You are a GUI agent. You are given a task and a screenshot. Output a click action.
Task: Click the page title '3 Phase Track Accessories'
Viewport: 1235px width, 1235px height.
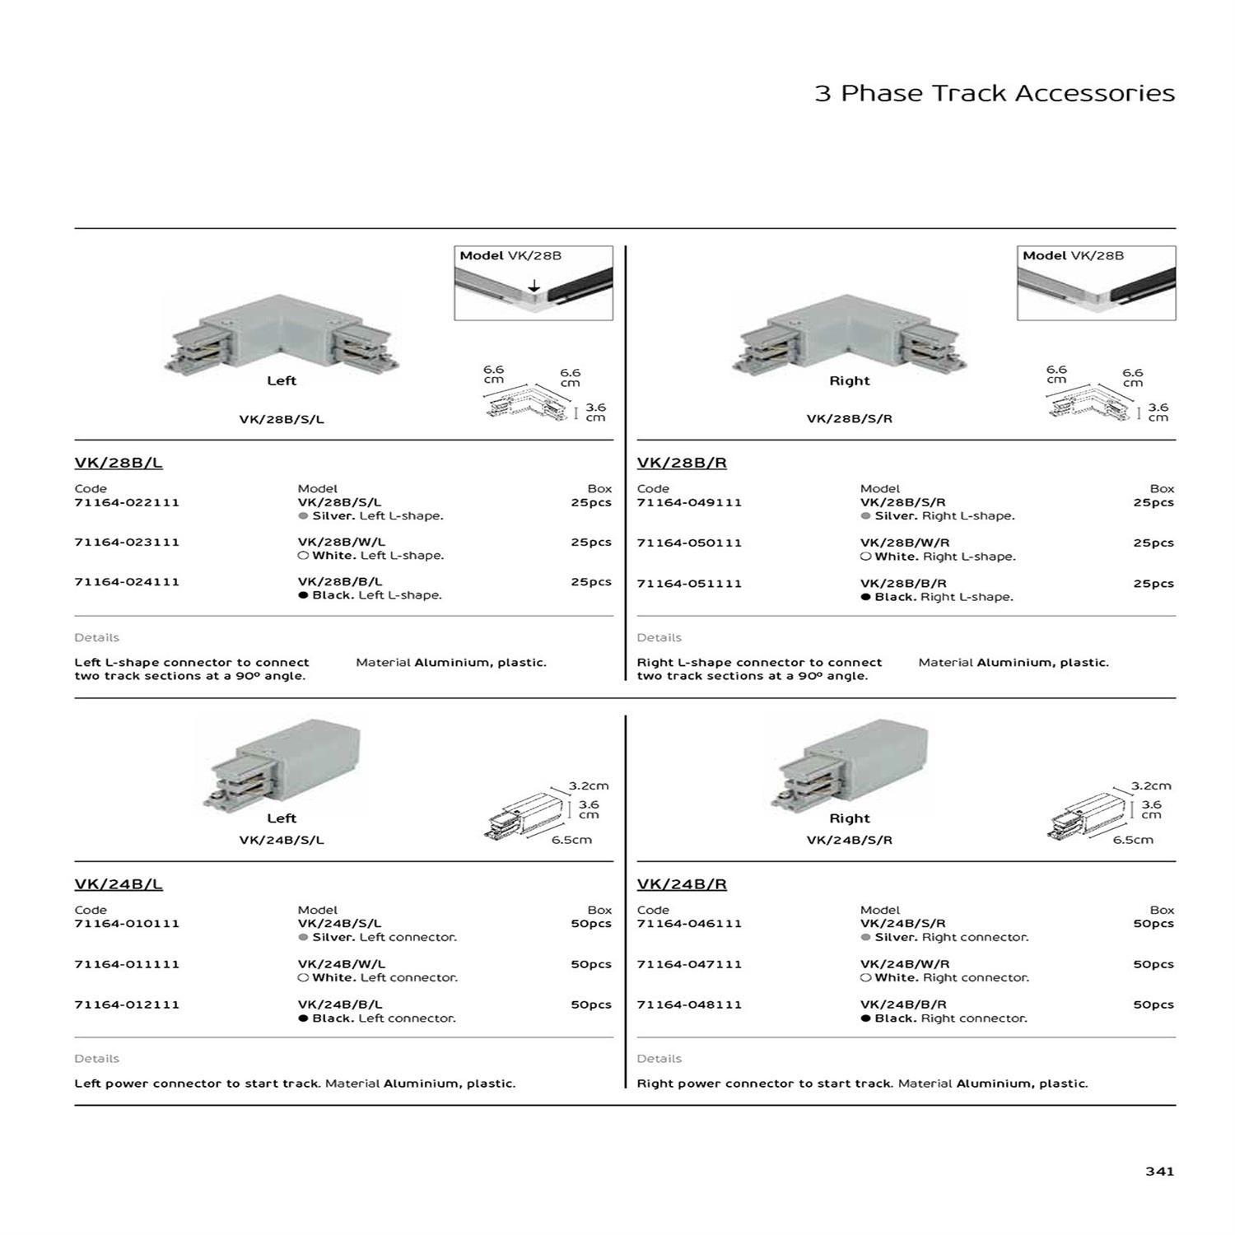994,93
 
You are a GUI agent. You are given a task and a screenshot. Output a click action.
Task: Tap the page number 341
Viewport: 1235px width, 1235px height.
1159,1171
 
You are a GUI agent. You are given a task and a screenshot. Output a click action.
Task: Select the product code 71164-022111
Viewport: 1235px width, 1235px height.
127,502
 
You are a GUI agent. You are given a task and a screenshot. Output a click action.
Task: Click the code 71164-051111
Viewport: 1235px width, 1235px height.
689,584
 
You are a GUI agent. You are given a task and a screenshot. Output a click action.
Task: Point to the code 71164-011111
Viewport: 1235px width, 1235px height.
127,964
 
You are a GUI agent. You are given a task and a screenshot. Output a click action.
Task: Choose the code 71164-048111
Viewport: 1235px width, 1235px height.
689,1004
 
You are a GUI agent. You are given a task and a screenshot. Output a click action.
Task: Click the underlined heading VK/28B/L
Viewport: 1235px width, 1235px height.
119,463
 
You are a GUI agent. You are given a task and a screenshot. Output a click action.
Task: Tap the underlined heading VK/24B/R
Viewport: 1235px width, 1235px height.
682,884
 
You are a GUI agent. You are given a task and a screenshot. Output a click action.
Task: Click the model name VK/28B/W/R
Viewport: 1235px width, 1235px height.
905,543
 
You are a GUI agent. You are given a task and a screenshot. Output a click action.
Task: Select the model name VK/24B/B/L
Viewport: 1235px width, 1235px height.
340,1004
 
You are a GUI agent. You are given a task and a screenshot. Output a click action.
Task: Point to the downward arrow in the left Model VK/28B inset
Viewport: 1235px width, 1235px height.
534,286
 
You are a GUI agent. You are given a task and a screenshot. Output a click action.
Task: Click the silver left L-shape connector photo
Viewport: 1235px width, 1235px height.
282,333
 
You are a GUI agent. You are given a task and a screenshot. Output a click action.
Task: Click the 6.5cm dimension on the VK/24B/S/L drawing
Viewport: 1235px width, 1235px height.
571,840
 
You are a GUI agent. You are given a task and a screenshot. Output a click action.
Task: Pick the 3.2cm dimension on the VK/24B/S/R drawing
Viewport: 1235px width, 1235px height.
1150,786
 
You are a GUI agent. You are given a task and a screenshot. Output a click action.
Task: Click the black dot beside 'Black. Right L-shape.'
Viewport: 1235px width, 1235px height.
865,597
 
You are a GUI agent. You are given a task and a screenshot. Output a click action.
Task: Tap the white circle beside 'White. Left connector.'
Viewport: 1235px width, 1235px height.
303,977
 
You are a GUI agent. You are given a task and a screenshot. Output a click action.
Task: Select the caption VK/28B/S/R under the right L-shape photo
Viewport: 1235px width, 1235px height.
849,418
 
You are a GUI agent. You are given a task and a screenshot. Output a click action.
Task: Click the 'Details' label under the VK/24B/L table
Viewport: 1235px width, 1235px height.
96,1059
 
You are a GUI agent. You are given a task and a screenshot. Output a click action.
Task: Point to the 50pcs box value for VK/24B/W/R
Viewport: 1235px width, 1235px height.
1153,964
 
